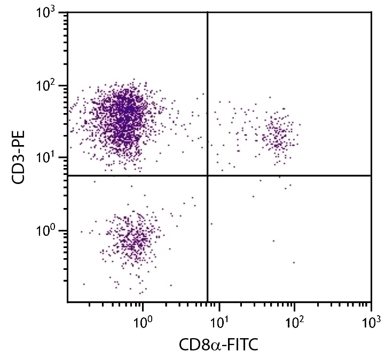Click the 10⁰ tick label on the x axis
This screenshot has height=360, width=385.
tap(143, 322)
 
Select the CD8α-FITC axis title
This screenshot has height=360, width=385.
tap(218, 345)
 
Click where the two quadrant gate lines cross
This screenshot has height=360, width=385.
tap(207, 175)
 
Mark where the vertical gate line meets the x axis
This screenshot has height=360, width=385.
tap(207, 302)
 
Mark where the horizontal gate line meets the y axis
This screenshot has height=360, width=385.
tap(68, 175)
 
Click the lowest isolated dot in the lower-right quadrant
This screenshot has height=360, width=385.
tap(294, 262)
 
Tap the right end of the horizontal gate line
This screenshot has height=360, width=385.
tap(370, 175)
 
